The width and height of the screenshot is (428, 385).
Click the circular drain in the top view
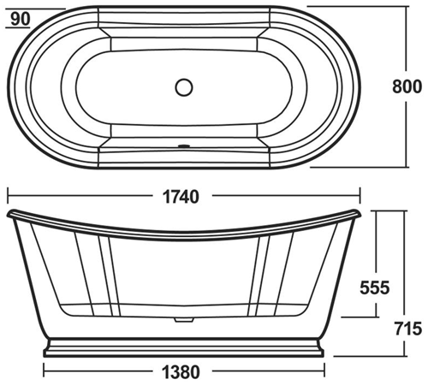[x=183, y=86]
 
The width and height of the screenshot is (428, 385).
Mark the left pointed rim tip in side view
[x=8, y=210]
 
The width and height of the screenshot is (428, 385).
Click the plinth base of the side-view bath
[x=183, y=347]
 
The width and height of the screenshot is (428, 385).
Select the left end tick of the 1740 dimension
[x=7, y=196]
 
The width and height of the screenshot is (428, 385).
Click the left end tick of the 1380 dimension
[x=44, y=372]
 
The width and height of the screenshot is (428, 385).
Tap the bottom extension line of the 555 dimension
[x=360, y=317]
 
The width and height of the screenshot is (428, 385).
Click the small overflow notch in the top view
[x=182, y=145]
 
